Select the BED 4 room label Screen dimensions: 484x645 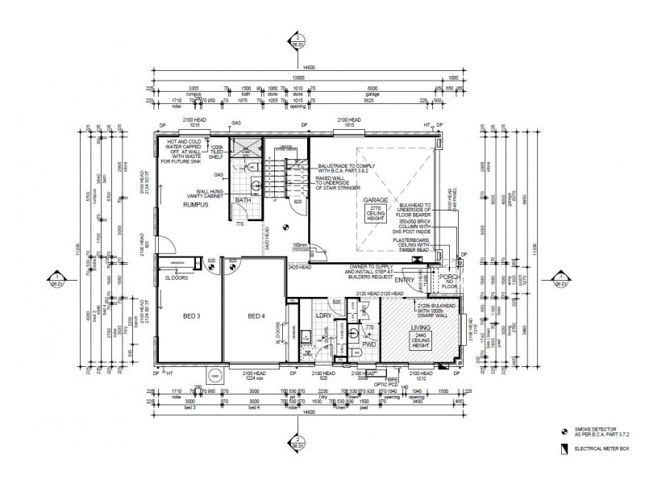click(256, 315)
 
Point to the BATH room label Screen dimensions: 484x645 click(243, 199)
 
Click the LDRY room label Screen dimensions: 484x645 click(325, 315)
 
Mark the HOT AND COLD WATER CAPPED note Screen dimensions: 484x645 click(186, 150)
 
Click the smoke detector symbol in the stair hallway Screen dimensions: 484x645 click(285, 225)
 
